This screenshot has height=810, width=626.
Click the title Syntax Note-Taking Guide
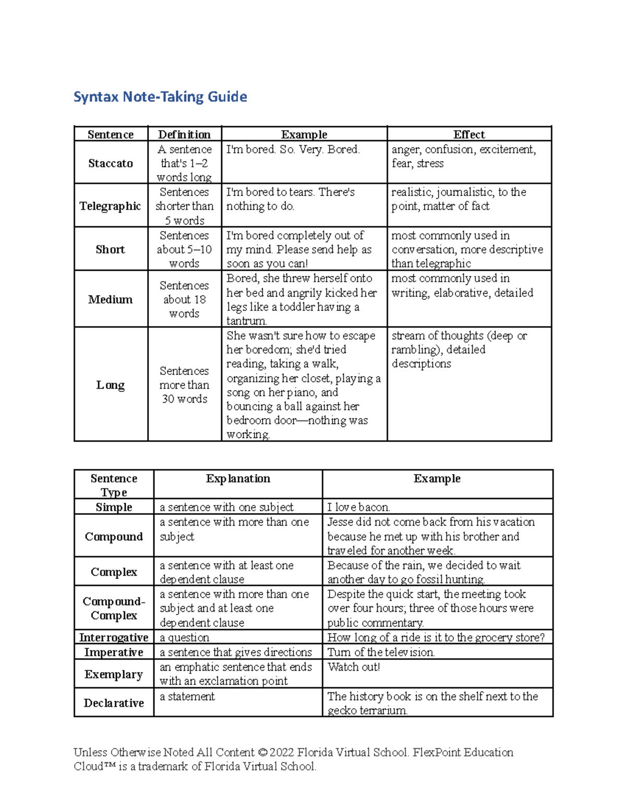click(x=160, y=97)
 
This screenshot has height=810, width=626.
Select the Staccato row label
click(x=111, y=163)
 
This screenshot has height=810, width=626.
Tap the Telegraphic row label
click(x=111, y=206)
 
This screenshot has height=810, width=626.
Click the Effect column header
click(x=469, y=135)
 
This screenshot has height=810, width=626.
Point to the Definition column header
click(x=184, y=135)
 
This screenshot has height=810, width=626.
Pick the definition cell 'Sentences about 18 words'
click(x=184, y=299)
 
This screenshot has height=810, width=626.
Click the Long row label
click(x=111, y=385)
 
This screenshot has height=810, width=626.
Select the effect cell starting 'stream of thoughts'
click(x=459, y=349)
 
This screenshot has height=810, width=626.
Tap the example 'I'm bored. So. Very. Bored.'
click(x=293, y=150)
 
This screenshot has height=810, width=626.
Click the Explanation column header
click(x=238, y=479)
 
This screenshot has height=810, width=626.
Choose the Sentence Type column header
click(x=114, y=485)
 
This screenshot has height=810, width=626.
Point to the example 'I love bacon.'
click(x=358, y=507)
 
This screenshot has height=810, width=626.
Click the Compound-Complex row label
click(x=114, y=608)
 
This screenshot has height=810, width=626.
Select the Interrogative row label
click(x=114, y=637)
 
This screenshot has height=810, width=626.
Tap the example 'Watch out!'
click(x=354, y=667)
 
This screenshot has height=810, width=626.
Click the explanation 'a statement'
click(x=187, y=696)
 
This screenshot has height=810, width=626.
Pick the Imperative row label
click(x=114, y=652)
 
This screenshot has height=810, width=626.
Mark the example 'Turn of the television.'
click(x=381, y=652)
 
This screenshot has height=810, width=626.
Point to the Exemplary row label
click(x=114, y=674)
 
